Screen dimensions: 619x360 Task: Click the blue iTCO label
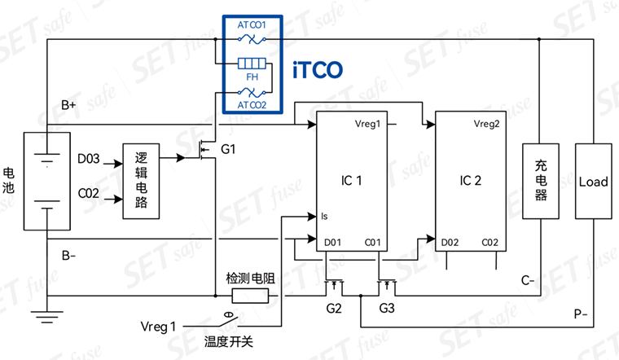point(318,70)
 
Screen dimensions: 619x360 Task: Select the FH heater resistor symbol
point(252,64)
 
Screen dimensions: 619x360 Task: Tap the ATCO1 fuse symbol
point(252,39)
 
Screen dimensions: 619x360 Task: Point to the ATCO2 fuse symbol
point(252,93)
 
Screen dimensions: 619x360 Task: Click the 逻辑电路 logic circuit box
point(141,181)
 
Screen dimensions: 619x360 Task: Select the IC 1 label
point(351,180)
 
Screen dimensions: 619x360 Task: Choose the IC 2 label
point(471,180)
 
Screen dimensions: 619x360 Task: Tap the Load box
point(593,181)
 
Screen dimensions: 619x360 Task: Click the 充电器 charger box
point(541,181)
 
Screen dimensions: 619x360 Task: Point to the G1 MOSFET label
point(228,149)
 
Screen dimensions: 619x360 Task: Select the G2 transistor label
point(334,308)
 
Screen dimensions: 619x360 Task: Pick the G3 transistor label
point(387,308)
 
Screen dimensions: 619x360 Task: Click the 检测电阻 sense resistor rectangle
point(250,296)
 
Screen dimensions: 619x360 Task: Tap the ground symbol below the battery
point(47,317)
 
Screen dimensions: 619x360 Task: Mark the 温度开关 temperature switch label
point(229,341)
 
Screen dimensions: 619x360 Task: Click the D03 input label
point(89,159)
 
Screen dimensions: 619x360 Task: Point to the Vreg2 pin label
point(486,124)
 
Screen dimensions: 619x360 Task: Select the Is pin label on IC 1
point(324,216)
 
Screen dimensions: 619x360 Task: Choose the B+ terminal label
point(68,105)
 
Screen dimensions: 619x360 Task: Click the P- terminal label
point(581,314)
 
